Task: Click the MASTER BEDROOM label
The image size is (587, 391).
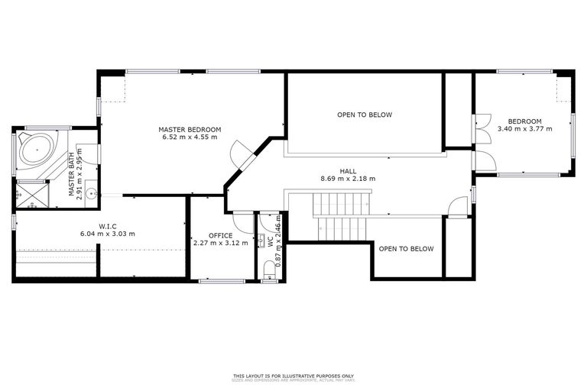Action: (x=190, y=129)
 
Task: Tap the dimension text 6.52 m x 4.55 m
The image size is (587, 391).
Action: (x=190, y=137)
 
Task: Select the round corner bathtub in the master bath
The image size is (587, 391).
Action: (x=34, y=150)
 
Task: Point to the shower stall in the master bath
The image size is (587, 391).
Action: (x=32, y=192)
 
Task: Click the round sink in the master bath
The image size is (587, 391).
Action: (x=92, y=193)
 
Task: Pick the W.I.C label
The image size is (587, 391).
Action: (x=107, y=225)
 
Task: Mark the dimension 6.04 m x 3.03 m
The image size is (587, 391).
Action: (x=107, y=234)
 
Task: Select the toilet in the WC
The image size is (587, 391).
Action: (x=268, y=269)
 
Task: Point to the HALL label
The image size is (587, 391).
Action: (x=348, y=171)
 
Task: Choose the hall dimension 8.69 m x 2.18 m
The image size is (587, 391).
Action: (x=348, y=179)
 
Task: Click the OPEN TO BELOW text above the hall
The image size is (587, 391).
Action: (x=365, y=115)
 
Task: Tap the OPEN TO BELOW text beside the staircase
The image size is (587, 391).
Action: (x=406, y=249)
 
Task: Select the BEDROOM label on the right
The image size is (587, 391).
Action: (x=524, y=121)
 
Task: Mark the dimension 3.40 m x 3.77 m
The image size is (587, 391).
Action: (x=524, y=129)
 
